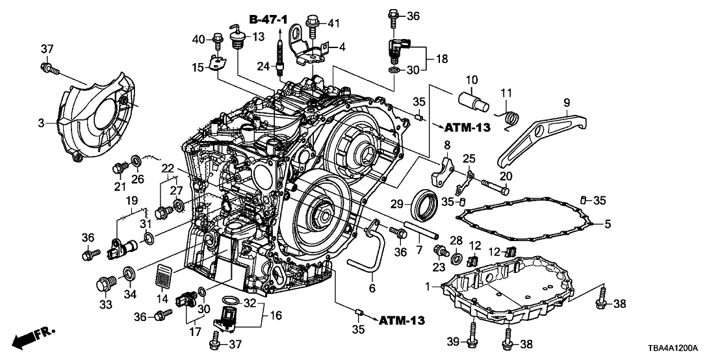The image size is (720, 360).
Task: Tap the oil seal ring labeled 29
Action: point(426,203)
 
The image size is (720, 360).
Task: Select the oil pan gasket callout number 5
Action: point(608,225)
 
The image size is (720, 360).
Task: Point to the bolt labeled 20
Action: point(494,190)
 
